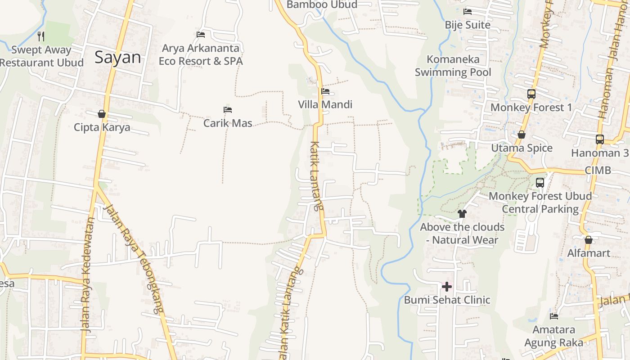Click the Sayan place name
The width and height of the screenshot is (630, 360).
pos(118,58)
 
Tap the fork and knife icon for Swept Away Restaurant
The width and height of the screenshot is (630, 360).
pos(41,36)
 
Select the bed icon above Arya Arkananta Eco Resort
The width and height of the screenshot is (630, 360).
pos(201,34)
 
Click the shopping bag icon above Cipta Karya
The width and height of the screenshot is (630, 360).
pos(102,114)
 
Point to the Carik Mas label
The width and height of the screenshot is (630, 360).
pos(228,123)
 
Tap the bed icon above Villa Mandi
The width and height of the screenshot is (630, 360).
pos(325,91)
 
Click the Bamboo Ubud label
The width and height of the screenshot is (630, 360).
pos(322,4)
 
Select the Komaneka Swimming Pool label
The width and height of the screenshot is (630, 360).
pos(453,66)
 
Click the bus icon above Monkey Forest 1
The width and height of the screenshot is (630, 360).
pos(531,94)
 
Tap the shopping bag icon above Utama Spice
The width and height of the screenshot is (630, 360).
pos(522,135)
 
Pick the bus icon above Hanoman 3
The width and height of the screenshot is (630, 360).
pos(600,139)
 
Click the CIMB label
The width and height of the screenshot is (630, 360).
pos(598,170)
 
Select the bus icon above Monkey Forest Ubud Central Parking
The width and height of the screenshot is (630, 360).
pos(540,183)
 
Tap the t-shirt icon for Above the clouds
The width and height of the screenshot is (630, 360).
pos(462,213)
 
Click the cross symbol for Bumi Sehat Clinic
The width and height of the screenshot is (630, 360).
pos(447,286)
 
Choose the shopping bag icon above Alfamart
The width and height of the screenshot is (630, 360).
pos(588,239)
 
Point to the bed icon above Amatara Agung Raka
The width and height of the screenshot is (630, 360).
pos(554,316)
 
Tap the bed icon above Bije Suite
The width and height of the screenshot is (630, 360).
pos(468,12)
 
